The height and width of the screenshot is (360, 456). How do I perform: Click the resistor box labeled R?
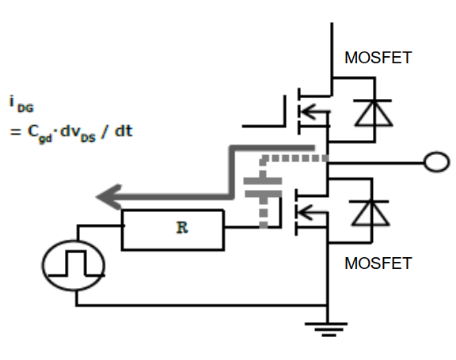pos(173,230)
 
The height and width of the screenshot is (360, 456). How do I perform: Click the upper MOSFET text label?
pos(378,59)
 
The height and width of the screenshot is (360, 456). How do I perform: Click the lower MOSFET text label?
pos(378,263)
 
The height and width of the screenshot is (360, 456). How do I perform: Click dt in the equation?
pos(123,131)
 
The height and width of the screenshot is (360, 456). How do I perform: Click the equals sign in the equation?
pos(13,131)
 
